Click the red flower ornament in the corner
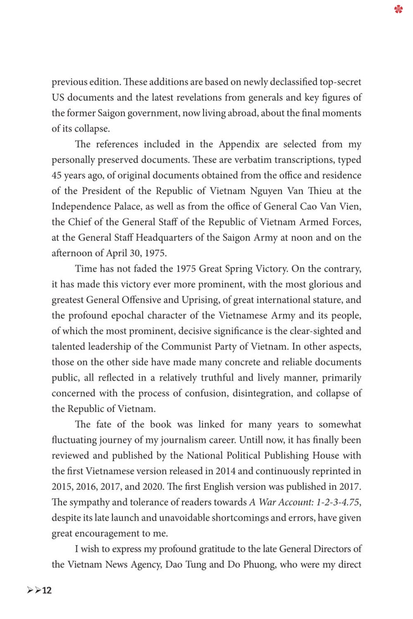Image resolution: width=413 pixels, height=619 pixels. pyautogui.click(x=398, y=9)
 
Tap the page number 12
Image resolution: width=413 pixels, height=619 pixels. pyautogui.click(x=47, y=590)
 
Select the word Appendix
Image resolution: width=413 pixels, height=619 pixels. pyautogui.click(x=239, y=144)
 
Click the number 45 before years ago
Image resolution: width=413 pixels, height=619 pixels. pyautogui.click(x=57, y=176)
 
